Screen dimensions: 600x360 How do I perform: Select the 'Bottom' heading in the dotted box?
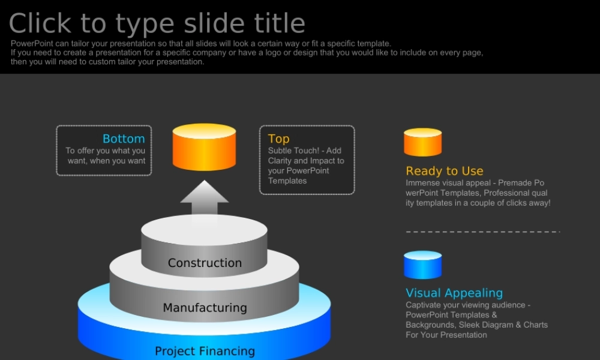[124, 139]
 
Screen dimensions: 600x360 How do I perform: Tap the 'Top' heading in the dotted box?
[278, 139]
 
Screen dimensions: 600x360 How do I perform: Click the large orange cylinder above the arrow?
[205, 147]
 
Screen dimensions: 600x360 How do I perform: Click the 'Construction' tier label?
[205, 263]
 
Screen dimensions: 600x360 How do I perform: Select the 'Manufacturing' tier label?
[205, 308]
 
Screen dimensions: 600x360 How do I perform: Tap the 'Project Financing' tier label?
[205, 351]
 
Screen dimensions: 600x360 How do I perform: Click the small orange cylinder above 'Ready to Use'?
[423, 142]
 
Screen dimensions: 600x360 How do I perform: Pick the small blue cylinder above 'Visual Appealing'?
[423, 265]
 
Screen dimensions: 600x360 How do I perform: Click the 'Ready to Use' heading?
[444, 171]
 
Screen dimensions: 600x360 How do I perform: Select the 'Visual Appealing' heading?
[454, 293]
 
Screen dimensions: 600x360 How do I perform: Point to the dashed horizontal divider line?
[483, 232]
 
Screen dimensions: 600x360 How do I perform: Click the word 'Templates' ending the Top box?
[287, 181]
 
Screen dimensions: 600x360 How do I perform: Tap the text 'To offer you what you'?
[105, 151]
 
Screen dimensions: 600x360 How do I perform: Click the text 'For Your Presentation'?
[446, 335]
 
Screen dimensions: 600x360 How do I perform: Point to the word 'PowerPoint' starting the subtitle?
[32, 44]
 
